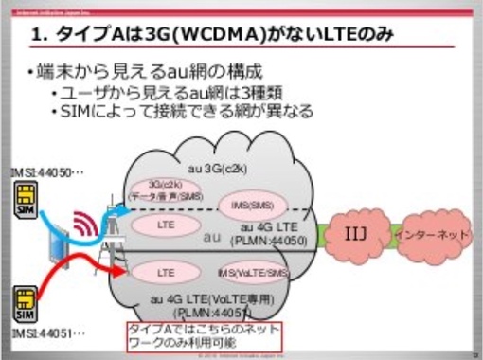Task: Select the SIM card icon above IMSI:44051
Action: [x=22, y=308]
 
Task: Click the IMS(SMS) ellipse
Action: [x=245, y=204]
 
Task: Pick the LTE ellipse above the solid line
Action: [x=165, y=225]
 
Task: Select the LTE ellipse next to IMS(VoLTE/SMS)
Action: [x=165, y=272]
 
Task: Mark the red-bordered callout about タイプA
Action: [x=205, y=335]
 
